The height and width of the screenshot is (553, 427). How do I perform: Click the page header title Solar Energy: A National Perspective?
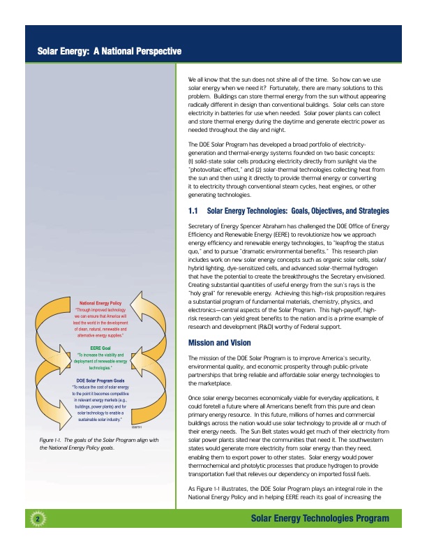pos(110,52)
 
